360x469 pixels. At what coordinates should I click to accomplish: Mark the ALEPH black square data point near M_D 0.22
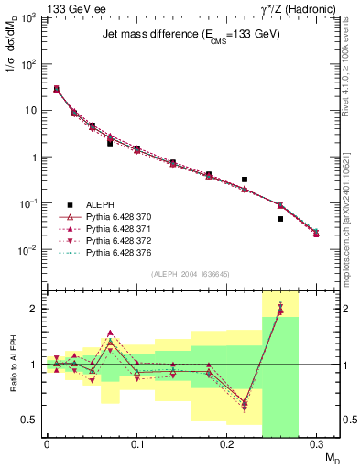245,180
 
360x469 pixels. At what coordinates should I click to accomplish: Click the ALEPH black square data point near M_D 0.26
280,219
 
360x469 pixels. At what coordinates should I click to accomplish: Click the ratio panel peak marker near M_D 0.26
280,309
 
